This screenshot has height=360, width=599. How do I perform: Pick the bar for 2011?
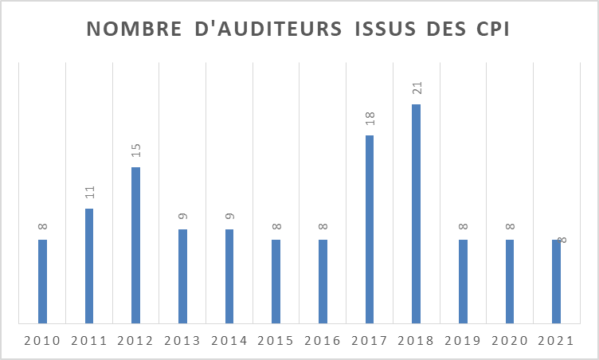click(89, 266)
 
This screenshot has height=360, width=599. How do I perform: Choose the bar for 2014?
click(229, 276)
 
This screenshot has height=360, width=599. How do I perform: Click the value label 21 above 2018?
click(416, 87)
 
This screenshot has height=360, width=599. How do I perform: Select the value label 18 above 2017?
click(370, 119)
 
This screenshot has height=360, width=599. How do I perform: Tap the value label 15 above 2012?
click(135, 150)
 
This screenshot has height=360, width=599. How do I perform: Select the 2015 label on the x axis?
click(276, 341)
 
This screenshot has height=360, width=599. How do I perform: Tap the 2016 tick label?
click(323, 341)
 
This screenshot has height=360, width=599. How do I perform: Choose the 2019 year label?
click(463, 341)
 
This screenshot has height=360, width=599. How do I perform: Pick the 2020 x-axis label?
click(510, 341)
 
